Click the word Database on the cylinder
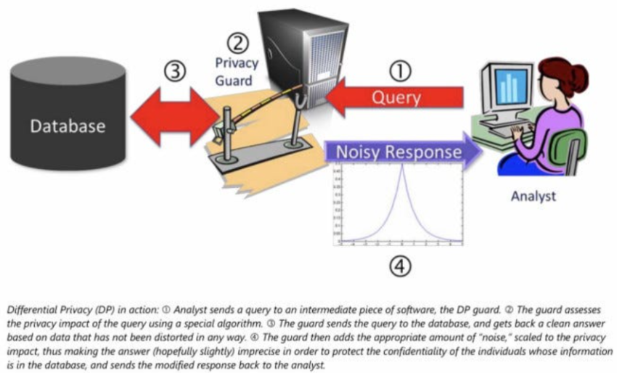point(68,126)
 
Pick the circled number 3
point(174,72)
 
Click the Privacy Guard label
point(237,71)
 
